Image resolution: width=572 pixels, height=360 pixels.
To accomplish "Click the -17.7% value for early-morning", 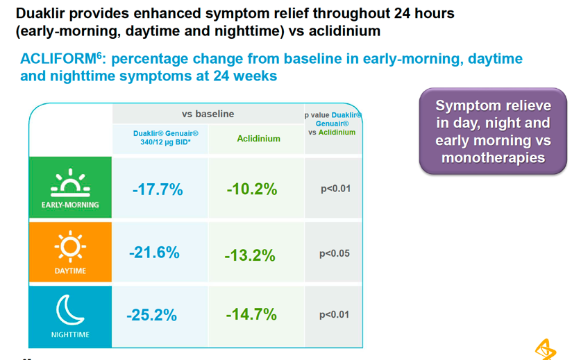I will coord(158,189).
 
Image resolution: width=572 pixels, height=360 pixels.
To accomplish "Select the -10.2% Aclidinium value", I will coord(252,189).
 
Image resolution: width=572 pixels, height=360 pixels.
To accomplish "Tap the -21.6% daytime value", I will coord(154,252).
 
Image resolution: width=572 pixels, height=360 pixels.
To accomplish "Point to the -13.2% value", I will coord(250,255).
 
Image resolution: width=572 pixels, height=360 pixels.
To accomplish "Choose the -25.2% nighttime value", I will coord(152,315).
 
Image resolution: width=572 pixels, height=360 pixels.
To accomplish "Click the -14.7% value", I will coord(251,314).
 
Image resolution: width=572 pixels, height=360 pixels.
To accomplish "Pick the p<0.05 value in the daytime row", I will coord(335,254).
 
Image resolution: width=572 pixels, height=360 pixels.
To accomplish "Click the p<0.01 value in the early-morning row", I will coord(335,189).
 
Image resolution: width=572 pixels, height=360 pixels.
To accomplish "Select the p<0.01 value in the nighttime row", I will coord(335,315).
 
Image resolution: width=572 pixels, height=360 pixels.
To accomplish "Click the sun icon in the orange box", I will coord(70,245).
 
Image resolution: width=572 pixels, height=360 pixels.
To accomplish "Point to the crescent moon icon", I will coord(69,309).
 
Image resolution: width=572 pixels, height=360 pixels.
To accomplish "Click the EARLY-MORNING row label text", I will coord(70,205).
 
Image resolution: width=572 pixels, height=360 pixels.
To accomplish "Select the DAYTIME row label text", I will coord(70,271).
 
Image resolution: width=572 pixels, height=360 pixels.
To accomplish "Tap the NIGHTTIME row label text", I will coord(70,334).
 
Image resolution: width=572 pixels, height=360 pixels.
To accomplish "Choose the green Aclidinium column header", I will coord(258,139).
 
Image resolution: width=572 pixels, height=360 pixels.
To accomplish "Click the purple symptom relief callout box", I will coord(493,132).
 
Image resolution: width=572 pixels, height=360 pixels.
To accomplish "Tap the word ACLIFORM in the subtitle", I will coord(54,60).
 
